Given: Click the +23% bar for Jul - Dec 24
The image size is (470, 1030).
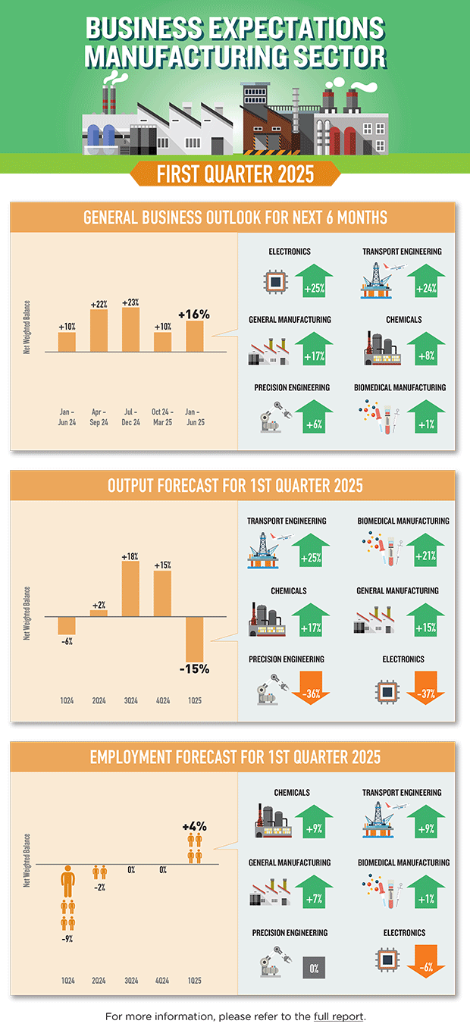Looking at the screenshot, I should click(x=130, y=330).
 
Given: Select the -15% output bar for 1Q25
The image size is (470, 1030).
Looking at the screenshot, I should click(x=195, y=639).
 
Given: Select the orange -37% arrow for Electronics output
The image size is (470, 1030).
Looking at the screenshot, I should click(x=426, y=690).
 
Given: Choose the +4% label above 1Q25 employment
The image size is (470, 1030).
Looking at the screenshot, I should click(x=194, y=827).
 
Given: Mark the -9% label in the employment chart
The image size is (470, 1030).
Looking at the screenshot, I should click(x=68, y=939).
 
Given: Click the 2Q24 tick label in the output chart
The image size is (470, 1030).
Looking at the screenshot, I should click(x=99, y=702).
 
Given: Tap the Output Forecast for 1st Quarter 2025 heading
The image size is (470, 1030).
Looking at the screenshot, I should click(x=235, y=486).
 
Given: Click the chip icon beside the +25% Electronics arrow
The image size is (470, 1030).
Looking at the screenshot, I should click(x=275, y=281).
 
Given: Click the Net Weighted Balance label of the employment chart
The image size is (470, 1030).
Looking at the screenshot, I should click(x=27, y=860).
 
